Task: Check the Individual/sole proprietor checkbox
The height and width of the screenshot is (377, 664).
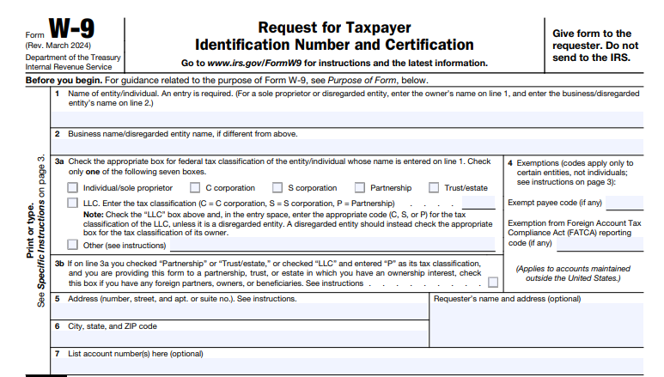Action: point(73,188)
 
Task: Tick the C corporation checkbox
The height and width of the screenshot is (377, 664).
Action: point(196,188)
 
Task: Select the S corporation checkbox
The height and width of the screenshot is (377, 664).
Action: point(277,188)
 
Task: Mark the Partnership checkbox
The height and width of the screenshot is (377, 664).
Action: point(360,188)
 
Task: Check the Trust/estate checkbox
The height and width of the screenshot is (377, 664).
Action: point(434,188)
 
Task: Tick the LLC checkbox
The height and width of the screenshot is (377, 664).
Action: point(73,203)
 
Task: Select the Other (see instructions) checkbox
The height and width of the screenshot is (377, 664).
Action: point(73,244)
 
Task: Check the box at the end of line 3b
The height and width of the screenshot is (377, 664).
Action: point(492,282)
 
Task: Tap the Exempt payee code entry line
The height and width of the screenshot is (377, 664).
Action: point(624,204)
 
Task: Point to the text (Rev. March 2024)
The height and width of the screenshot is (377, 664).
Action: point(58,45)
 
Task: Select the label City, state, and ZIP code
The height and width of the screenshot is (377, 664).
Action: point(112,326)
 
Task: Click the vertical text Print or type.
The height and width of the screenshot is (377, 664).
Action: point(32,230)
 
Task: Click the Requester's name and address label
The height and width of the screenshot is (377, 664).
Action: point(507,299)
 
